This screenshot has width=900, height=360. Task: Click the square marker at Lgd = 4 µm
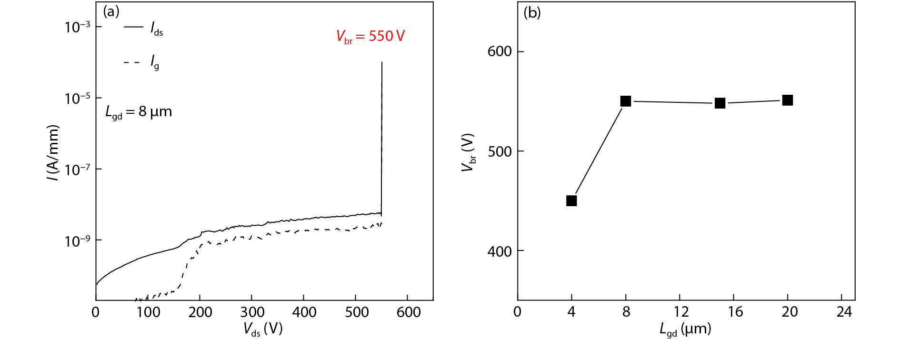571,201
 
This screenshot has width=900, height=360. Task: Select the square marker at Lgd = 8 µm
626,101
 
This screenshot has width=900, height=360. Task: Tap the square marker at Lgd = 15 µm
720,103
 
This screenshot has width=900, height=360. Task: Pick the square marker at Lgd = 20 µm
788,100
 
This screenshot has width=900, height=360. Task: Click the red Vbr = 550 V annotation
370,36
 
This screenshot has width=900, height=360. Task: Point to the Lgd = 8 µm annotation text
139,112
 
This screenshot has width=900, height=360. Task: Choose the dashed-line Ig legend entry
142,62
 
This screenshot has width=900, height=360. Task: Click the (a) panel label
111,11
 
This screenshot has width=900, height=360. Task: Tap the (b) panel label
532,12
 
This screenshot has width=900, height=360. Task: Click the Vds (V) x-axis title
263,329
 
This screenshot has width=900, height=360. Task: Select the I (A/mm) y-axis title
53,153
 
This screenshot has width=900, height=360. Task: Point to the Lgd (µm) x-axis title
685,329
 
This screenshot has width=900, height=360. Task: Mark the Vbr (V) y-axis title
469,152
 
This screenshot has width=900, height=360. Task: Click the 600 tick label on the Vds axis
408,312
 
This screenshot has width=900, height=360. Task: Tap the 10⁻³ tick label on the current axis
78,27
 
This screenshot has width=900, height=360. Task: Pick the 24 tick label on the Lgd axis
844,312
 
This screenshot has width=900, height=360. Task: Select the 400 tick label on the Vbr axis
500,251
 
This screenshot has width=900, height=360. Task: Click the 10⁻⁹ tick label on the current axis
78,241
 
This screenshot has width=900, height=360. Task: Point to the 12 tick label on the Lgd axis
681,312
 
